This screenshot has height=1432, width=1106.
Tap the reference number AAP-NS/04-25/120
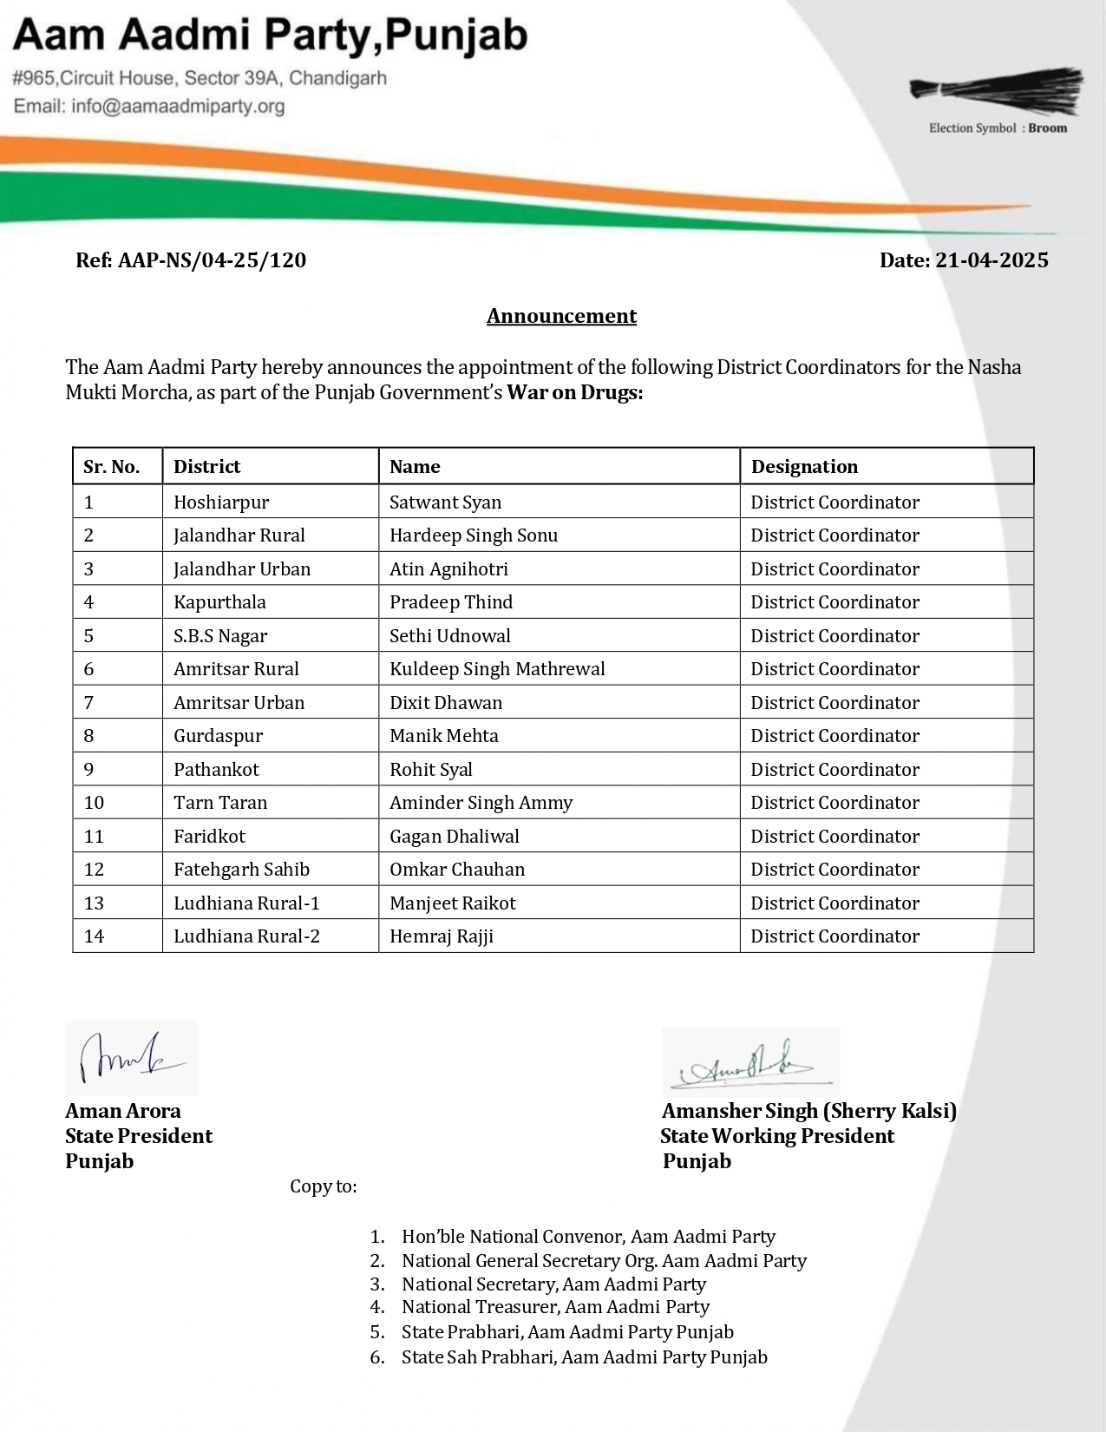tap(191, 260)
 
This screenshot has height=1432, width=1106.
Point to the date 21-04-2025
tap(964, 260)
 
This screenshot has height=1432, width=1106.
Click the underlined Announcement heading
tap(561, 316)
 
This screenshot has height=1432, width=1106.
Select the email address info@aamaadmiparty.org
tap(149, 107)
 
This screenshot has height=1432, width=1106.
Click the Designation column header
tap(804, 467)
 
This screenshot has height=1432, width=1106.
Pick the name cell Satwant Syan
tap(445, 503)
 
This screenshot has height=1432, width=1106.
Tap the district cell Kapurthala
tap(219, 602)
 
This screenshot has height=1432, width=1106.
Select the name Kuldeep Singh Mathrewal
tap(497, 669)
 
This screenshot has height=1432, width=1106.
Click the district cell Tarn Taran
tap(220, 803)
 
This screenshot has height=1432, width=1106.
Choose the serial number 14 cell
tap(94, 936)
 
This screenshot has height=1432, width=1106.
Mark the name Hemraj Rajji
tap(442, 936)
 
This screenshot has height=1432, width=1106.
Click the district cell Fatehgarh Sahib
tap(241, 870)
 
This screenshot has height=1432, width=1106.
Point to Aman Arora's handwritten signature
tap(130, 1058)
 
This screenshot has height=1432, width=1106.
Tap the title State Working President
tap(776, 1136)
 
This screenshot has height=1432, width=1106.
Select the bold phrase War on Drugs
tap(574, 393)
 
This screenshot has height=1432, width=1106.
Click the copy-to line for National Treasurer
tap(555, 1307)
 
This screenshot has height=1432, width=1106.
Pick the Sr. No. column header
tap(111, 467)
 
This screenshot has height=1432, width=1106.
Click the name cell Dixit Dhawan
tap(446, 703)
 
